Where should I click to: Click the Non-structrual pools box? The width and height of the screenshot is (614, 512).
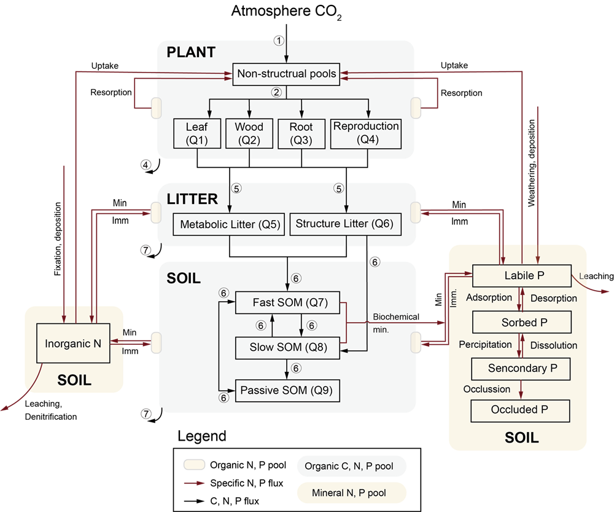coord(287,74)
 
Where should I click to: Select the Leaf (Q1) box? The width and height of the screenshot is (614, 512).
coord(197,133)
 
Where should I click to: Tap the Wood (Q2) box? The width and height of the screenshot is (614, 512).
coord(249,133)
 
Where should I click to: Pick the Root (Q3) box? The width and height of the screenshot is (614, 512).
coord(301,133)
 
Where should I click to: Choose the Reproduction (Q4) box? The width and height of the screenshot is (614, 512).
coord(366,133)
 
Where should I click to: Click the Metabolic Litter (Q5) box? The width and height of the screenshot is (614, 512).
coord(230,224)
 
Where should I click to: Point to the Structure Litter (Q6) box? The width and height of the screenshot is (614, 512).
coord(344,224)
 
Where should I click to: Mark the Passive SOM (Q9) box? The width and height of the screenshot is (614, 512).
coord(286,390)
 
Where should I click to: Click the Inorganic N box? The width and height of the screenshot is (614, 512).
coord(73,344)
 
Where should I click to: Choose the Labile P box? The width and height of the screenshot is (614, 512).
coord(521,275)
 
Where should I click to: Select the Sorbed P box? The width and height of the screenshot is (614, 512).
coord(521,322)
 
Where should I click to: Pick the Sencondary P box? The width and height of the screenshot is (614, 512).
coord(521,368)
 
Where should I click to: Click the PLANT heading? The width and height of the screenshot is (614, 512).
coord(191,52)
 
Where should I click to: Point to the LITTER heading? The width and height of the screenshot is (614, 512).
coord(192,199)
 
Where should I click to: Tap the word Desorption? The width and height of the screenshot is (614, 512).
coord(553,298)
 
